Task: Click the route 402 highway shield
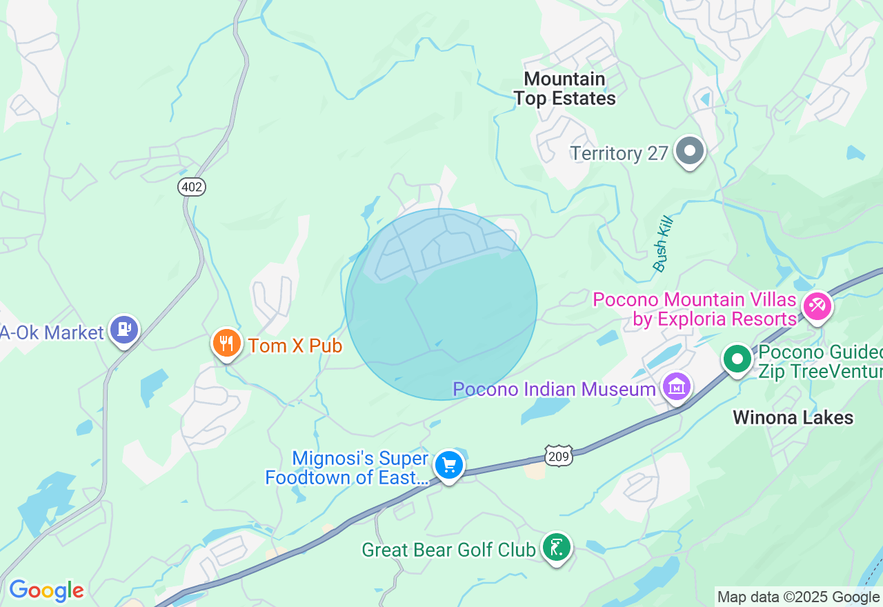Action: tap(192, 186)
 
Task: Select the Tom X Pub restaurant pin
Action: tap(226, 344)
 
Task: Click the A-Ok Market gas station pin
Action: tap(124, 330)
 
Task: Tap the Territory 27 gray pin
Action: tap(689, 151)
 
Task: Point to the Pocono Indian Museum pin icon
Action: tap(676, 387)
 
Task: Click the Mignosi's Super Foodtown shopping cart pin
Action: tap(449, 466)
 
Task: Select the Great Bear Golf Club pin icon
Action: tap(556, 548)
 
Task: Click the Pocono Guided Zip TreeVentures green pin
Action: tap(737, 359)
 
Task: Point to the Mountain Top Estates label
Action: tap(564, 89)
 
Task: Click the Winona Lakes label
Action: tap(793, 417)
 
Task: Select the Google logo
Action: tap(46, 591)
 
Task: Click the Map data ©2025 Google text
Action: tap(798, 597)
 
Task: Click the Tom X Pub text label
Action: tap(295, 346)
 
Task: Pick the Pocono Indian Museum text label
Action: tap(554, 389)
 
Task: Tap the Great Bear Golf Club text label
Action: tap(449, 550)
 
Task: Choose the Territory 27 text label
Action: tap(619, 153)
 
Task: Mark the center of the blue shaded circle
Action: tap(441, 304)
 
